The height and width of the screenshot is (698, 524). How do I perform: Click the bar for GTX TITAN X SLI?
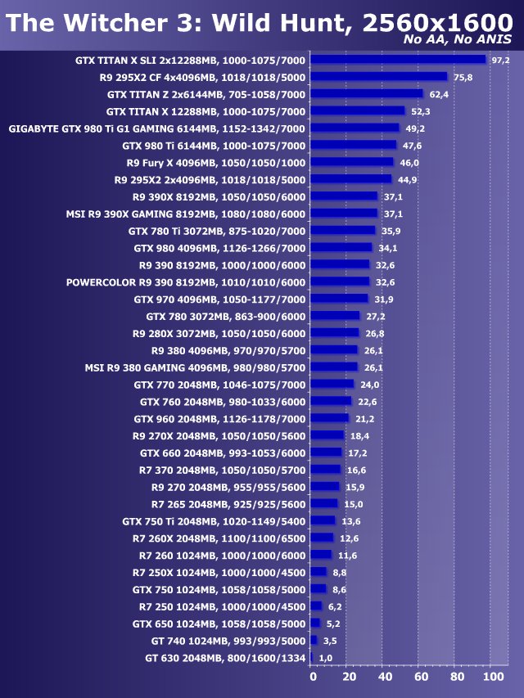[x=399, y=60]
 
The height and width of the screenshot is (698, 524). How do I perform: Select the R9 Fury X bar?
[x=353, y=163]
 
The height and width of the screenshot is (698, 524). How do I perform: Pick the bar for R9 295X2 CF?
[x=380, y=77]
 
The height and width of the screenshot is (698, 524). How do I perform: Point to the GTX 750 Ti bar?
[x=324, y=520]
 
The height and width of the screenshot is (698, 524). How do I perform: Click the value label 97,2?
[x=500, y=60]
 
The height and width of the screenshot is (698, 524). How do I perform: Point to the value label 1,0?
[x=326, y=658]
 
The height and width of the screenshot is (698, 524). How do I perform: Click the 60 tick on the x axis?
[x=421, y=678]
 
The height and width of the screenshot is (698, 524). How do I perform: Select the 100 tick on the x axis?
[x=493, y=678]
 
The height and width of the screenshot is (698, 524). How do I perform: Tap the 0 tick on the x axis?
[x=313, y=678]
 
